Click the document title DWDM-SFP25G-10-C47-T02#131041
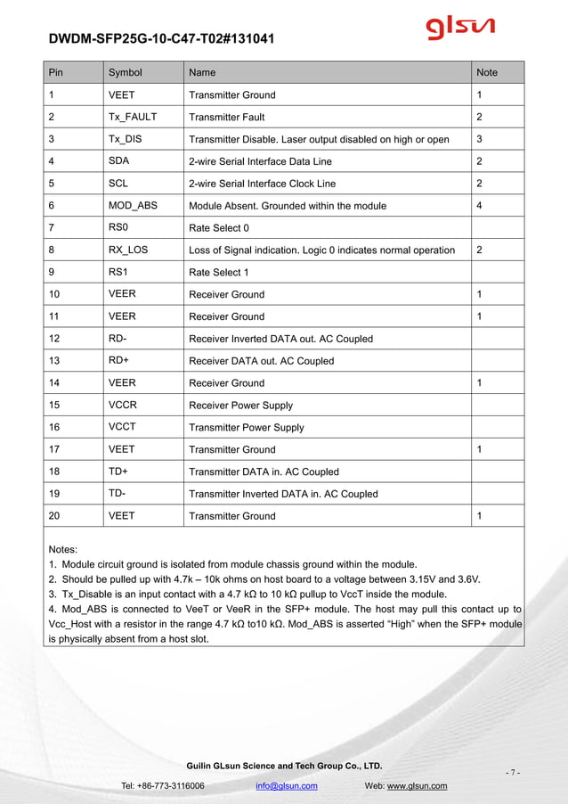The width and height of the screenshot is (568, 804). (161, 39)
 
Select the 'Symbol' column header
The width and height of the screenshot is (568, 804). (125, 72)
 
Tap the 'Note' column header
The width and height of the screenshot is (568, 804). (487, 72)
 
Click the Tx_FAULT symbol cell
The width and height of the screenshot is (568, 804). (132, 117)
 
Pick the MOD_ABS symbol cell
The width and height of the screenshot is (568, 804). (133, 205)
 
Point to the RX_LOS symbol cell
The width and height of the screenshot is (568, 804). (128, 250)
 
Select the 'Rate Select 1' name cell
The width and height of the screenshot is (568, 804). (219, 272)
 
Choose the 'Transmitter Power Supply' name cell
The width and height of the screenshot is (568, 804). (247, 427)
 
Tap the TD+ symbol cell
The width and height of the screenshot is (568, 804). (118, 472)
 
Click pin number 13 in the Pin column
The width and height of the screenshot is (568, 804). (54, 360)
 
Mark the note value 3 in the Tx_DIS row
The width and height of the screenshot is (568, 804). (480, 139)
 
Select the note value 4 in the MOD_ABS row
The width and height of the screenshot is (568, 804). (480, 205)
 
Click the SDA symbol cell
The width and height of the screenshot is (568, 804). (118, 161)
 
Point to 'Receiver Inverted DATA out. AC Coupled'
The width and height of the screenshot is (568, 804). (280, 339)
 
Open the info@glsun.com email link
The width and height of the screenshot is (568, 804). (286, 785)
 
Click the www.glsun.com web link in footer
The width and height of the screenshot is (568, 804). (417, 785)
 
